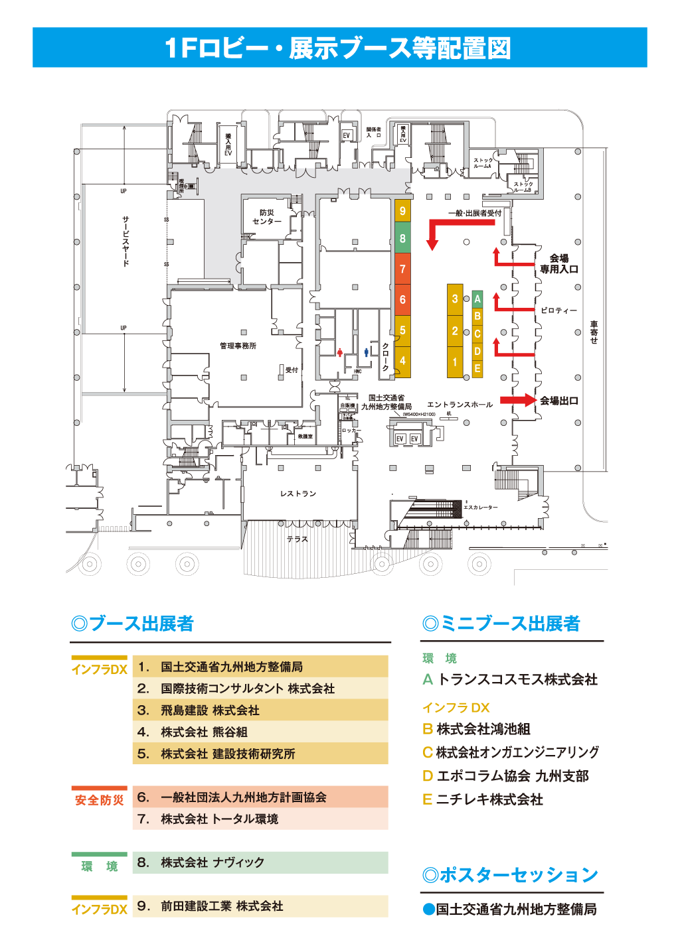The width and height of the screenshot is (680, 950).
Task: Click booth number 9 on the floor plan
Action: point(402,211)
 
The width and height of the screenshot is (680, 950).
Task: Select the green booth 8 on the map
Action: point(402,239)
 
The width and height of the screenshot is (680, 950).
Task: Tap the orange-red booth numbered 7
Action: point(402,269)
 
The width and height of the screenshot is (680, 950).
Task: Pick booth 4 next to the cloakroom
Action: point(402,361)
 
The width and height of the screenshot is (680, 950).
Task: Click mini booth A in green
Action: point(477,299)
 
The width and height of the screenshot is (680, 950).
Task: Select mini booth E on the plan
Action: point(477,369)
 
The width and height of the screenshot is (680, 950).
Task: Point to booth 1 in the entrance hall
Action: point(455,362)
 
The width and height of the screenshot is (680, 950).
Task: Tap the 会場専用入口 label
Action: point(558,264)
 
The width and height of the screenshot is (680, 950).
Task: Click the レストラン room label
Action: point(298,494)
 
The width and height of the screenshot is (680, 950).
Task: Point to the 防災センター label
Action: point(267,217)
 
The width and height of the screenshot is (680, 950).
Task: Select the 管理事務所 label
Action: point(238,346)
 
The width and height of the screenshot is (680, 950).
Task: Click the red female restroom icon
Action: point(340,352)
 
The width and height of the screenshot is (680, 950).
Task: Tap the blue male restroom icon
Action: point(366,352)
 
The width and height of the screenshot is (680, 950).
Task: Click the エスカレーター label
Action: point(480,508)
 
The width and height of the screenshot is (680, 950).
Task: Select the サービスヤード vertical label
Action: point(126,240)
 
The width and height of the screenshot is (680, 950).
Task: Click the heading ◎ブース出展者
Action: point(132,624)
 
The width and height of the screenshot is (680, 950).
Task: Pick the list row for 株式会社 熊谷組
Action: point(260,732)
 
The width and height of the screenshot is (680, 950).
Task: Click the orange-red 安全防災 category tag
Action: point(99,800)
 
